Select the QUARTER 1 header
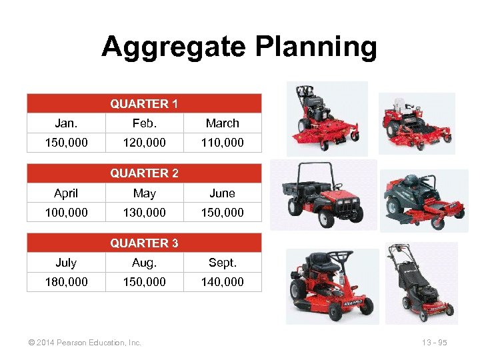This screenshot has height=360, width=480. point(144,103)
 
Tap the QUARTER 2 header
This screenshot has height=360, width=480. point(144,173)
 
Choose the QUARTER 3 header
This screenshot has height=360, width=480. point(144,243)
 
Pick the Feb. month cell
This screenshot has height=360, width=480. point(144,123)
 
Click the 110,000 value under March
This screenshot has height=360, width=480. point(222,143)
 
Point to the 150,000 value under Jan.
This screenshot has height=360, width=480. point(66,143)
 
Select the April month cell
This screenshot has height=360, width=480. point(66,193)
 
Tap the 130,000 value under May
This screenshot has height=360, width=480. point(144,213)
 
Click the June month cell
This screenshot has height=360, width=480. point(222,193)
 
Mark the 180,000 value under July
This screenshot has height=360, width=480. point(66,282)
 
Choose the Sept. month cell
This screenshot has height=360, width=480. point(222,263)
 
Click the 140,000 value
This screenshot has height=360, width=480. point(222,282)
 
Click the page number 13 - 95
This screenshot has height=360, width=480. point(434,343)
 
